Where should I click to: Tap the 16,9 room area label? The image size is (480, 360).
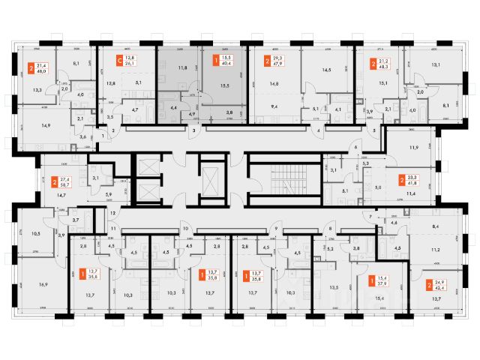(42, 285)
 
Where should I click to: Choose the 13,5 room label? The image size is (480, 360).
(332, 286)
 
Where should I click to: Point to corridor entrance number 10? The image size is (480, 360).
(185, 227)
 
